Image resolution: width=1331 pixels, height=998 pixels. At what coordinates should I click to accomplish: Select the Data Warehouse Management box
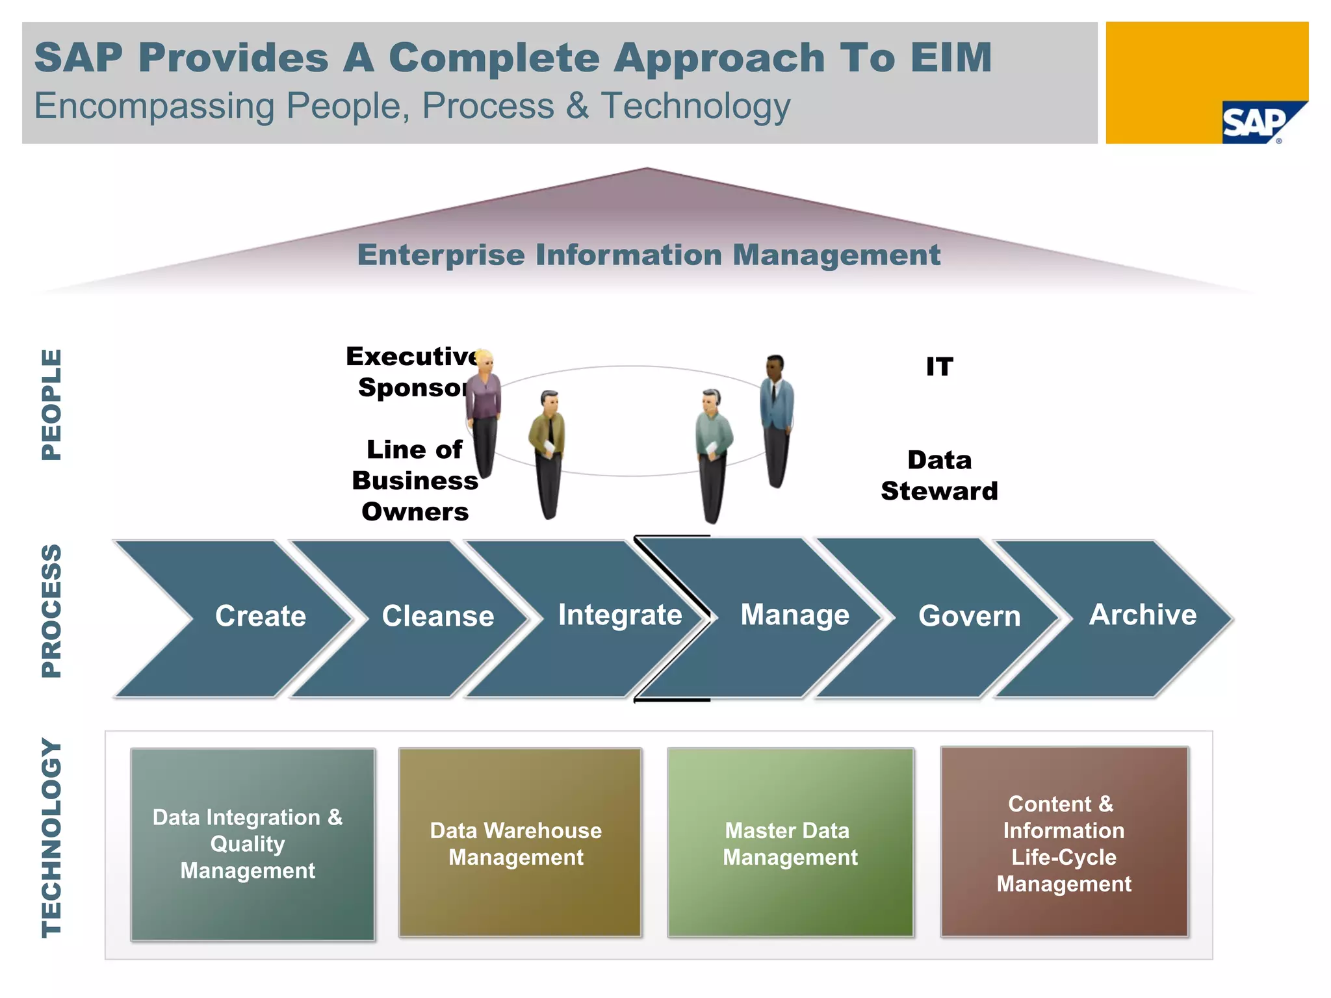[519, 843]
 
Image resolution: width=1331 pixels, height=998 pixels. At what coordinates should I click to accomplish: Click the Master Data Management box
[790, 843]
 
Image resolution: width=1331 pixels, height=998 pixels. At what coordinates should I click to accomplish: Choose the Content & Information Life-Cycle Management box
[1064, 843]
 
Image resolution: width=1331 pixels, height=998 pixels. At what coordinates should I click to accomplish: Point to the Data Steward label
[939, 476]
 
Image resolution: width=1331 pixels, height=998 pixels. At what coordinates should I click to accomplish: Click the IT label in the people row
[939, 367]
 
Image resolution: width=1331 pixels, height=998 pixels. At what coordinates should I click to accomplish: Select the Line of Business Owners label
[415, 481]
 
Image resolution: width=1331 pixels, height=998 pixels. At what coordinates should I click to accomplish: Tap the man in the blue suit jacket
[777, 416]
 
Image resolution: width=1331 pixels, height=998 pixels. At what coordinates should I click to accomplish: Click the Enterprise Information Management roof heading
[649, 255]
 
